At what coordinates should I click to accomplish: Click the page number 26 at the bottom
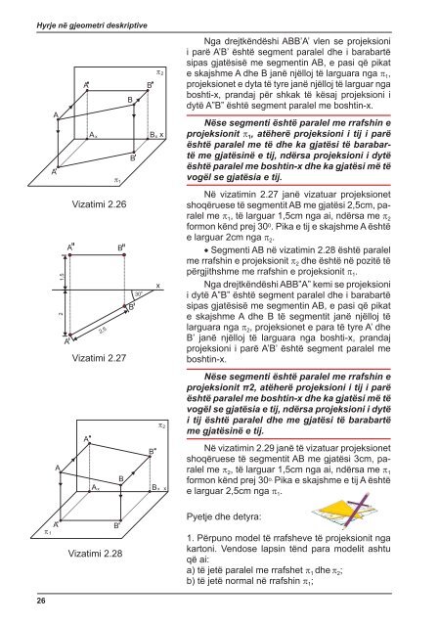(x=41, y=601)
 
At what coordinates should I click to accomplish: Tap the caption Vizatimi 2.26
(x=99, y=204)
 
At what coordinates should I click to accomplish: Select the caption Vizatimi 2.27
(x=99, y=358)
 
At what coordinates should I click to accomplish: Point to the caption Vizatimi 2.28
(x=95, y=554)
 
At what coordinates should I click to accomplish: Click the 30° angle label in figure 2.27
(x=138, y=293)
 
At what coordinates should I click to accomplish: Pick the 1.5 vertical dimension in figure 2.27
(x=61, y=276)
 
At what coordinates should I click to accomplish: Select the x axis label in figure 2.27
(x=158, y=286)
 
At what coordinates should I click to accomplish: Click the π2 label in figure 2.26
(x=159, y=72)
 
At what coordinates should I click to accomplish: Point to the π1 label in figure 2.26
(x=117, y=180)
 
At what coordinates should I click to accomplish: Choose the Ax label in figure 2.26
(x=93, y=135)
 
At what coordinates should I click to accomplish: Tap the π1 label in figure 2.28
(x=48, y=532)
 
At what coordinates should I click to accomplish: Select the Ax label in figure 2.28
(x=96, y=487)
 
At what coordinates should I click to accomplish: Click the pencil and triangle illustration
(x=344, y=511)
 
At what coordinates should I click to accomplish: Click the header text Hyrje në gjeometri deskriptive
(x=92, y=25)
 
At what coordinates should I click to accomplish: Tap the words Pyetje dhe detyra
(x=224, y=516)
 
